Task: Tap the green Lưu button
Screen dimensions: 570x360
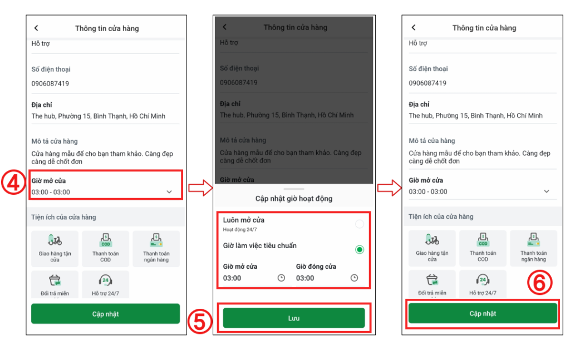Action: pyautogui.click(x=294, y=318)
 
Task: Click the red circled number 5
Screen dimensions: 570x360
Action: pyautogui.click(x=200, y=321)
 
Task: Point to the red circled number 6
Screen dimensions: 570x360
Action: pyautogui.click(x=539, y=283)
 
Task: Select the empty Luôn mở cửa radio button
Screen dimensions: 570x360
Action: pyautogui.click(x=360, y=224)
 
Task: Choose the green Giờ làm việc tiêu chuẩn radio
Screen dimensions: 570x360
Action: pyautogui.click(x=360, y=250)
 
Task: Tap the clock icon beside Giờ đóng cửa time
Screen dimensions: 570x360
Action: pyautogui.click(x=354, y=278)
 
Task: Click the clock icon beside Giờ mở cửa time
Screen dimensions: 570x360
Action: pyautogui.click(x=281, y=278)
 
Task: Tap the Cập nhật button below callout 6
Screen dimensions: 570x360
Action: pyautogui.click(x=483, y=313)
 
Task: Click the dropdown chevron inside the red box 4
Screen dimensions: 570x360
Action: pyautogui.click(x=169, y=192)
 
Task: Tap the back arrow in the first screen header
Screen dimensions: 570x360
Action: pyautogui.click(x=36, y=28)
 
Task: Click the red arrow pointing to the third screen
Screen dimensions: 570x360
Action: pyautogui.click(x=389, y=188)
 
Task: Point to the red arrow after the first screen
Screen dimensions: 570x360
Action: pyautogui.click(x=200, y=188)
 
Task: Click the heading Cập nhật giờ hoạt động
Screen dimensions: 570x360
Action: pyautogui.click(x=294, y=198)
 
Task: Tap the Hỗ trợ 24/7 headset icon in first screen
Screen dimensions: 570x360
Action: pyautogui.click(x=105, y=280)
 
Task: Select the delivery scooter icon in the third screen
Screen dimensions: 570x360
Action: pyautogui.click(x=432, y=239)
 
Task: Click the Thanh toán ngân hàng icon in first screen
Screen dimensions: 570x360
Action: pyautogui.click(x=156, y=240)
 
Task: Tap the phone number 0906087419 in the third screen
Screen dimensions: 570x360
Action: pyautogui.click(x=427, y=83)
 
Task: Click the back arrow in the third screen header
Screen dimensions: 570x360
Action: pyautogui.click(x=414, y=28)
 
